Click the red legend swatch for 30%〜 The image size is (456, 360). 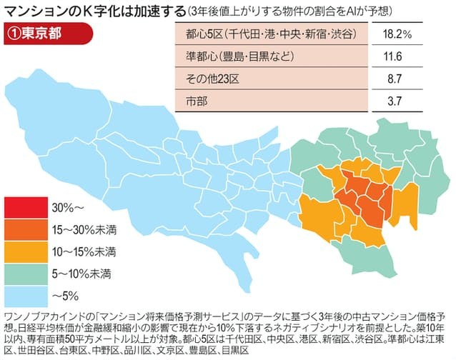(x=26, y=208)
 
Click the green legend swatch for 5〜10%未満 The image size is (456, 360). (x=26, y=273)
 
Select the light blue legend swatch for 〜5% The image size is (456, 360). (x=26, y=295)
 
